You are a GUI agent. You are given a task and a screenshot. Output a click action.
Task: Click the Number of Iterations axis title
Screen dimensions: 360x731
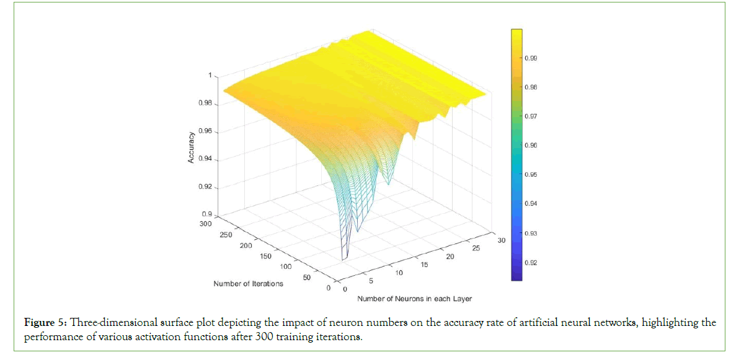[x=248, y=284]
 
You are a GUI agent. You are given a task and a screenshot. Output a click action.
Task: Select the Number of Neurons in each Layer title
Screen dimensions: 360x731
[x=414, y=299]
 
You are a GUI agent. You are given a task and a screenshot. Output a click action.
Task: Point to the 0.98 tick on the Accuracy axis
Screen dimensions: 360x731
[x=205, y=103]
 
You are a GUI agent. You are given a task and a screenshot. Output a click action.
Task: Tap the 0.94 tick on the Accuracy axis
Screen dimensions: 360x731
[x=205, y=159]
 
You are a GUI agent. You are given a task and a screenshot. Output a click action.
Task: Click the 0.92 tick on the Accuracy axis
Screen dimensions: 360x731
[x=205, y=187]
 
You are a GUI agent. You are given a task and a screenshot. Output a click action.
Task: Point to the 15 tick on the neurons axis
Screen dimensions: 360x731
[x=425, y=265]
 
